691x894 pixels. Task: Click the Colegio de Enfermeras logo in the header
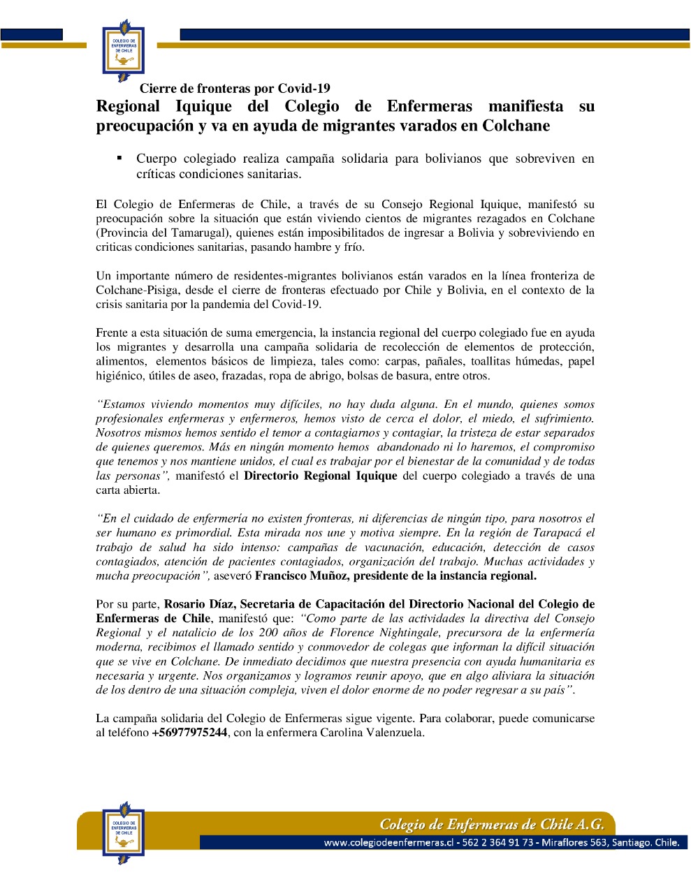(124, 50)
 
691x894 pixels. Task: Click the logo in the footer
(123, 835)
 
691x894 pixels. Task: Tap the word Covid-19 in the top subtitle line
(304, 89)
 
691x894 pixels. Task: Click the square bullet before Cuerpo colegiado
(119, 158)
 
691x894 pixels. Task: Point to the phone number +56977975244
(189, 733)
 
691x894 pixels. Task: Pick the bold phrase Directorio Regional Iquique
(320, 476)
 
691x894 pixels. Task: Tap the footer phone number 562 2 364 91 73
(497, 843)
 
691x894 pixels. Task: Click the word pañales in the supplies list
(446, 362)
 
